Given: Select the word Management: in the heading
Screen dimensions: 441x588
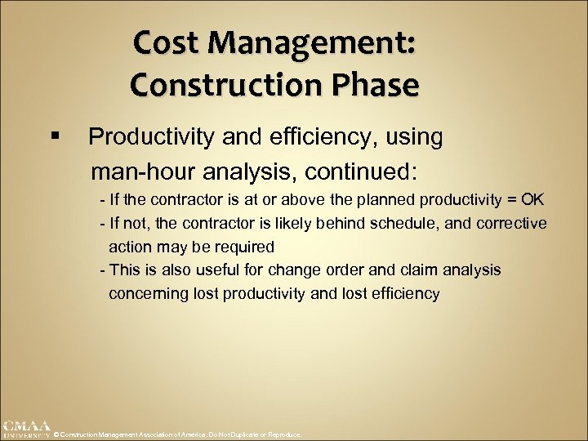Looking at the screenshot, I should coord(315,42).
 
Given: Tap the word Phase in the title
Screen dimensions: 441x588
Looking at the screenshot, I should coord(377,83).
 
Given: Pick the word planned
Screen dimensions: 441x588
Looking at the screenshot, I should coord(385,200).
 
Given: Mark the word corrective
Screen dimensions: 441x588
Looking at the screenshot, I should coord(512,224).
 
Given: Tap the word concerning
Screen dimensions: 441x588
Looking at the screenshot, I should coord(147,294).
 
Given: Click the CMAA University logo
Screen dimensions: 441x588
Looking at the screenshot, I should coord(25,429).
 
